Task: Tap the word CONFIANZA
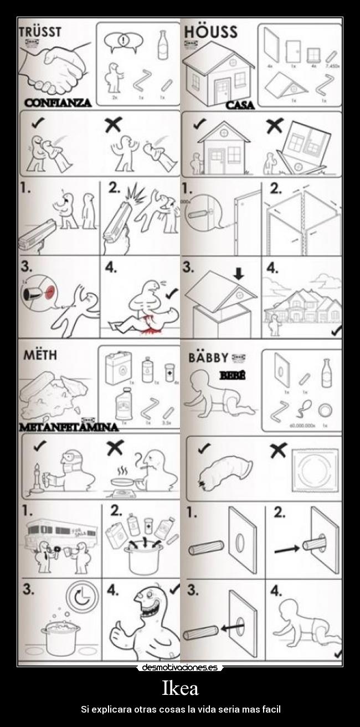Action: coord(58,103)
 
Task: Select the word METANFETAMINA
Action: coord(69,427)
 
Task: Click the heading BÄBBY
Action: coord(208,357)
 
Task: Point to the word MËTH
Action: coord(39,355)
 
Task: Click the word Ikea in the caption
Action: coord(179,689)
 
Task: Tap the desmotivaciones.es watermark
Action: coord(179,668)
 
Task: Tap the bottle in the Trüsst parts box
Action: coord(163,45)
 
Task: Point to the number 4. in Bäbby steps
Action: coord(276,591)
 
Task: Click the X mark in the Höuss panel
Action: coord(274,126)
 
